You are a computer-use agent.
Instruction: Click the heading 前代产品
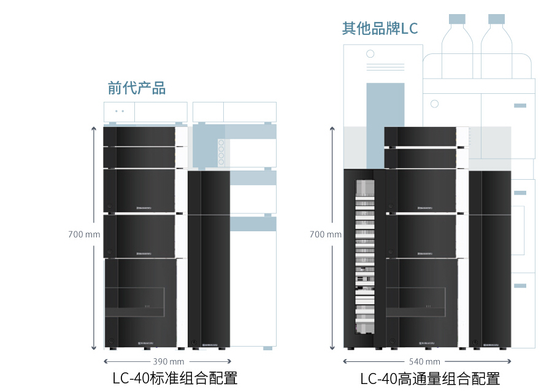(136, 88)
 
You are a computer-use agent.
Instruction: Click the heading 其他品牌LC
(380, 29)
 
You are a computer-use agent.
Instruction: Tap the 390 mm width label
(168, 361)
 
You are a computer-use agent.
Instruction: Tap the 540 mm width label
(424, 361)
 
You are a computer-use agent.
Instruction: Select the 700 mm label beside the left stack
(84, 234)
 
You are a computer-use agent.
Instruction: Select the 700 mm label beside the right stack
(326, 234)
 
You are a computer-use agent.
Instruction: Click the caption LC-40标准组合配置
(175, 378)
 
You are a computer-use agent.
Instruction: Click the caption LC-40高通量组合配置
(430, 379)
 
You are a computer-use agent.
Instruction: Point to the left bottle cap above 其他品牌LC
(458, 19)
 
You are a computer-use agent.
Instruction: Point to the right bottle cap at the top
(496, 19)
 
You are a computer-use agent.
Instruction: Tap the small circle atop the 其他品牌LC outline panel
(370, 54)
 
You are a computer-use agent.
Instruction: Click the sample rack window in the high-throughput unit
(365, 258)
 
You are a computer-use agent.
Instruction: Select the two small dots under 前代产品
(120, 111)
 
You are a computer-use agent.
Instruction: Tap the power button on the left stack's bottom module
(110, 341)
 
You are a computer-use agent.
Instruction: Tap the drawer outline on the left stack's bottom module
(134, 302)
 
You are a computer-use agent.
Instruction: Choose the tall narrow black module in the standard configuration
(208, 258)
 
